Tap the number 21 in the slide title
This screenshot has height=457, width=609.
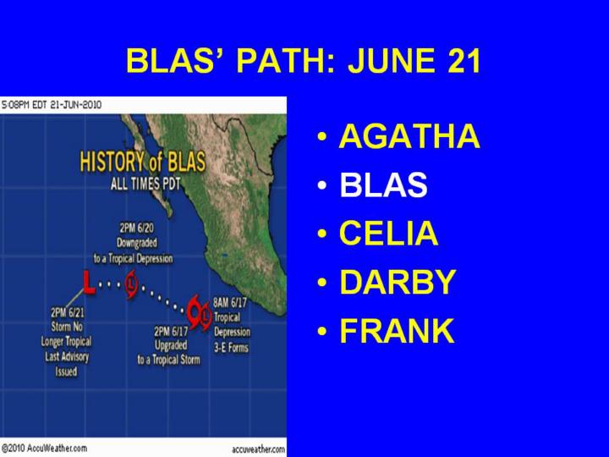[x=464, y=61]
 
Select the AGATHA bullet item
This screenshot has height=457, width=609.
[x=409, y=136]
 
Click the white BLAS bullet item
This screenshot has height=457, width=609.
[x=383, y=184]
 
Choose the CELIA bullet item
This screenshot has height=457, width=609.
[x=389, y=234]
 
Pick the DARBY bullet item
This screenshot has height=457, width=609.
[x=398, y=282]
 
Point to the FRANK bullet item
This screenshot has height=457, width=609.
[x=397, y=330]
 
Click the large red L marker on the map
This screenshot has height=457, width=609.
[x=90, y=282]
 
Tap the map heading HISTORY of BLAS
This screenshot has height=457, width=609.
[x=143, y=162]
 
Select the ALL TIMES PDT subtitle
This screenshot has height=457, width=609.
[x=145, y=184]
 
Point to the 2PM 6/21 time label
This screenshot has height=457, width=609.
[x=67, y=312]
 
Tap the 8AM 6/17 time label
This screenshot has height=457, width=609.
[x=230, y=302]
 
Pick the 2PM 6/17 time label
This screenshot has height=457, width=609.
[x=171, y=332]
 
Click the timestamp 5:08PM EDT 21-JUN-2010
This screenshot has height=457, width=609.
[x=52, y=105]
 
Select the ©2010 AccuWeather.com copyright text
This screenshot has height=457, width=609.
[x=44, y=448]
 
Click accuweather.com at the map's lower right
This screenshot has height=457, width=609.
[x=258, y=449]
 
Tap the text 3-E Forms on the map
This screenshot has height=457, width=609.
[x=231, y=347]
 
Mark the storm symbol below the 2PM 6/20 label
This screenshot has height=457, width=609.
[x=132, y=285]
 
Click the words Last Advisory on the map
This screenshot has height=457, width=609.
[x=67, y=356]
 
